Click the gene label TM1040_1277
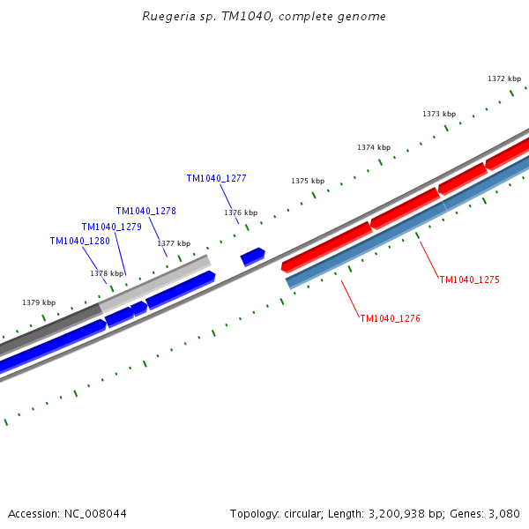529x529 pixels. [216, 178]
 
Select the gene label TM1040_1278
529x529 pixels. [145, 212]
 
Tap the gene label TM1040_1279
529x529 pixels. [111, 227]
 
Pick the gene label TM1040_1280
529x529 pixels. [79, 242]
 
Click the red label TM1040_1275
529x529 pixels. [469, 279]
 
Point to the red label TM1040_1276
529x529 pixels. [390, 318]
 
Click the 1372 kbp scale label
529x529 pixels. [504, 78]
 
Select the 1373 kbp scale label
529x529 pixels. [439, 114]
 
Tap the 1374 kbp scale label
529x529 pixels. [374, 147]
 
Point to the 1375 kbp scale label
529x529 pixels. [308, 181]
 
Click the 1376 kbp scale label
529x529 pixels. [241, 212]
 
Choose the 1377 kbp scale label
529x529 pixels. [174, 243]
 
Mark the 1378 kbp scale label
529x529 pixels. [107, 273]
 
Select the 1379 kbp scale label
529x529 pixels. [39, 302]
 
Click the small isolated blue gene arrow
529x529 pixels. [253, 257]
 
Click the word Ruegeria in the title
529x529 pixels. [168, 17]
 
